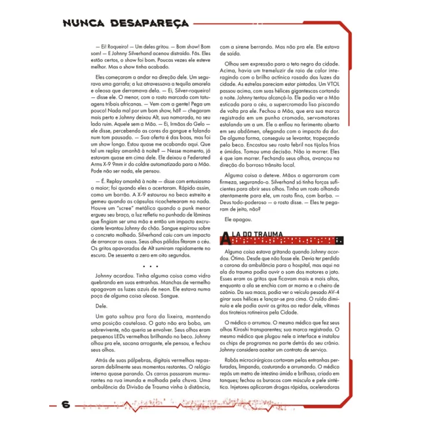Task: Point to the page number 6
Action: (x=65, y=405)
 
